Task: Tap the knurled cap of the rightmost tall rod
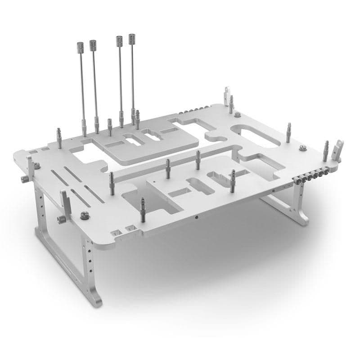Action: click(x=132, y=39)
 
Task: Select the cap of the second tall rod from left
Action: click(x=93, y=45)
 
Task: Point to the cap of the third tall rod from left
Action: click(x=119, y=40)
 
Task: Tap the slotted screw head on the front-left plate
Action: click(x=83, y=216)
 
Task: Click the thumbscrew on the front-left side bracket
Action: click(x=60, y=219)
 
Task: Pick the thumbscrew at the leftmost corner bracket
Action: click(x=22, y=180)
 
